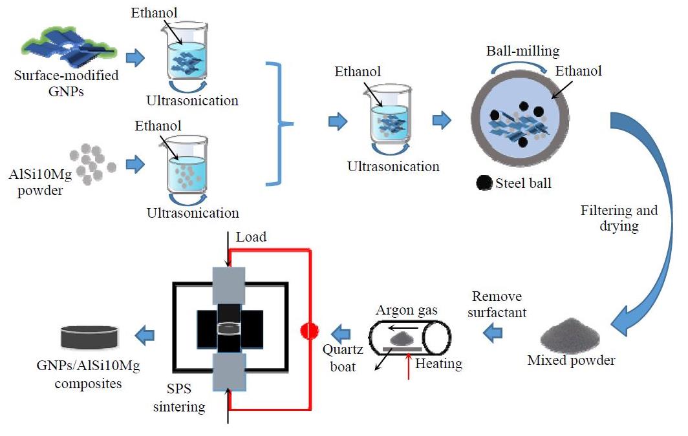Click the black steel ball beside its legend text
tap(483, 183)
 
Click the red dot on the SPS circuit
tap(310, 331)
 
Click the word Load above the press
tap(251, 237)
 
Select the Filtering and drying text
tap(619, 218)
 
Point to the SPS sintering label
tap(184, 399)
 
